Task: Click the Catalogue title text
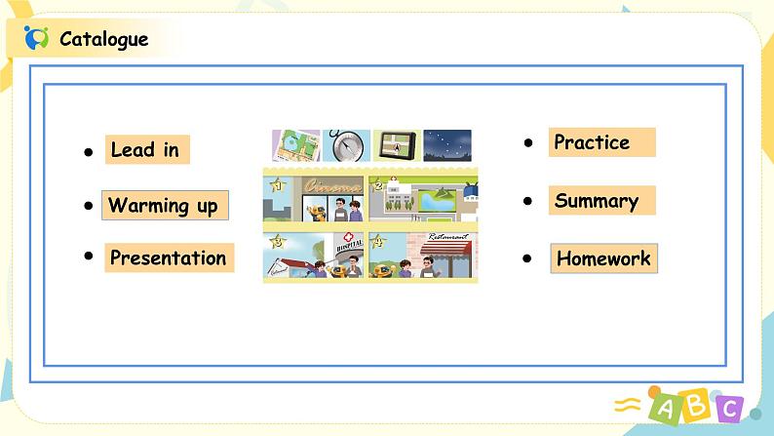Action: coord(103,39)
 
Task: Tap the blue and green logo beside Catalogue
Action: coord(36,38)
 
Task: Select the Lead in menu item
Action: coord(147,149)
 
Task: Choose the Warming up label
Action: coord(165,206)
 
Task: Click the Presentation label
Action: coord(169,258)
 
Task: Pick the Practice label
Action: coord(601,142)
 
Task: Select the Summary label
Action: coord(601,201)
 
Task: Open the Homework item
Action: coord(603,258)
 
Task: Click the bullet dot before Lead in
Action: coord(89,152)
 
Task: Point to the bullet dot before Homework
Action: coord(527,258)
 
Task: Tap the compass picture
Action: coord(346,145)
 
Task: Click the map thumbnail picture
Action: coord(296,145)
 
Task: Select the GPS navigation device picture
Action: coord(397,145)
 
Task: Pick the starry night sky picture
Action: coord(447,145)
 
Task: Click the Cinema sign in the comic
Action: coord(332,186)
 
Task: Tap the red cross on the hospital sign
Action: coord(349,237)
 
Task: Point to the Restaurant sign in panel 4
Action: coord(447,237)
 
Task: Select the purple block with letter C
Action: coord(729,409)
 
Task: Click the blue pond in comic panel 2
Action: coord(437,202)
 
